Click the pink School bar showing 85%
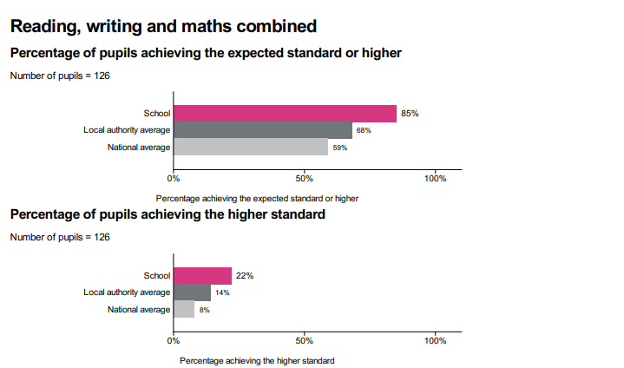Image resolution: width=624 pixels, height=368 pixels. (x=285, y=113)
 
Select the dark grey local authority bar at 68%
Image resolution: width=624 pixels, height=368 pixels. (x=263, y=130)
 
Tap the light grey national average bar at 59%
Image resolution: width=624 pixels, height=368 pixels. (x=251, y=147)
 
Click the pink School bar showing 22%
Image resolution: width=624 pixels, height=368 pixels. (x=202, y=276)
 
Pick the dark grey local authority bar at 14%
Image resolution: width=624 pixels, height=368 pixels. (x=192, y=292)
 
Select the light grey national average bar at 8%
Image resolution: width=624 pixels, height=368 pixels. (x=184, y=309)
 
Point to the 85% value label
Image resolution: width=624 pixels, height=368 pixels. (x=411, y=113)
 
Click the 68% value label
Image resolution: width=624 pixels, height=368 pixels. (x=364, y=130)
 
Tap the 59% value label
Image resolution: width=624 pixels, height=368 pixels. (x=340, y=148)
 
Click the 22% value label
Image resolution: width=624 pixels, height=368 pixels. (x=244, y=276)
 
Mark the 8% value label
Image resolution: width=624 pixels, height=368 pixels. (x=205, y=310)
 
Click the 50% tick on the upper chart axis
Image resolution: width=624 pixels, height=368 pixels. (x=305, y=178)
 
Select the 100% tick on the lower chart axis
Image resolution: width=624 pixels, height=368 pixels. (x=436, y=340)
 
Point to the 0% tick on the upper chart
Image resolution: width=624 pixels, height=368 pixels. (x=174, y=178)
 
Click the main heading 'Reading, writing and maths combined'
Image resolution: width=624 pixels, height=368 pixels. (x=163, y=26)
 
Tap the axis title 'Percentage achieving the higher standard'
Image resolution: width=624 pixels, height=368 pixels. (x=256, y=360)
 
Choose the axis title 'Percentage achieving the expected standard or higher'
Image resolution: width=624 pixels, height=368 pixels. (x=257, y=198)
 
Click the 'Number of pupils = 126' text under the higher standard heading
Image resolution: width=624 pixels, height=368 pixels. (x=60, y=237)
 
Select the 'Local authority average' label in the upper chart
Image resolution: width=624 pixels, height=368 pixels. (x=127, y=130)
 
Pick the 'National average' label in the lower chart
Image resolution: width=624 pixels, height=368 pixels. (x=139, y=310)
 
